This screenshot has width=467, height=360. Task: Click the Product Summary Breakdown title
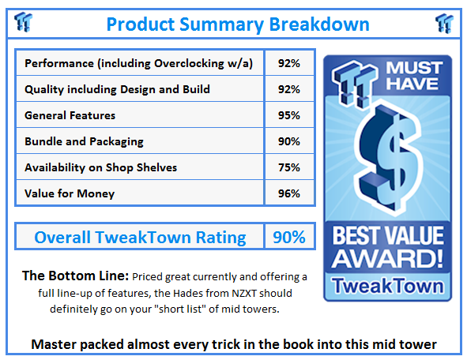(x=232, y=23)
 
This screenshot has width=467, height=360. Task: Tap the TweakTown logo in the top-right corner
(x=444, y=23)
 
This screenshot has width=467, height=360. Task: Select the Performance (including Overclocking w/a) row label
(x=139, y=63)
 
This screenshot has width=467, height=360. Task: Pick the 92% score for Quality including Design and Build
(x=289, y=89)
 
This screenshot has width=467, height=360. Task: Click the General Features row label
(x=70, y=115)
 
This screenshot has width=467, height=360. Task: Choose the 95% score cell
(x=289, y=115)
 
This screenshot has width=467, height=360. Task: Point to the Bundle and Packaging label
(x=85, y=141)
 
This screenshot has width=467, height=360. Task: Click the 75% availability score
(x=289, y=167)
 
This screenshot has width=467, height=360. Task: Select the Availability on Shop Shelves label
(x=101, y=167)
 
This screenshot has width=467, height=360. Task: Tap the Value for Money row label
(x=70, y=193)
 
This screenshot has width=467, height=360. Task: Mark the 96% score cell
(x=289, y=193)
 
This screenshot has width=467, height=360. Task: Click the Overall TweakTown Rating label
(x=139, y=237)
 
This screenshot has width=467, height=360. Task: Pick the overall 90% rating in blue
(x=289, y=237)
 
